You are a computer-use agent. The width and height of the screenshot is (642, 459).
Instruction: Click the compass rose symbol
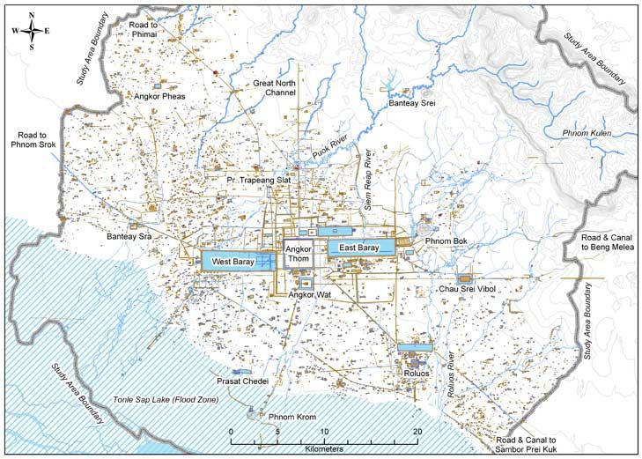[x=32, y=31]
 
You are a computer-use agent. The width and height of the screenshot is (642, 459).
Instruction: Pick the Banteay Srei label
[x=413, y=104]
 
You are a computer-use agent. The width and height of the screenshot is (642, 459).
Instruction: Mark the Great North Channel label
[x=275, y=87]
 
